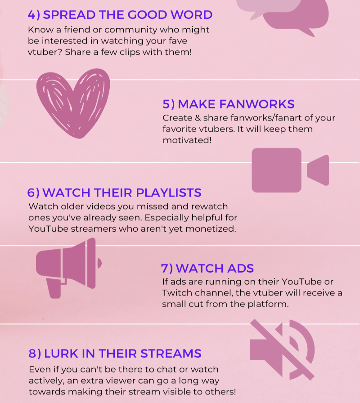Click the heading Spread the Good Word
click(120, 15)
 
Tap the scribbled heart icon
click(72, 103)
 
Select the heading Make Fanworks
click(228, 104)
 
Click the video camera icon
click(290, 170)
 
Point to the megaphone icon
click(68, 267)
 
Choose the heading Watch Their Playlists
click(114, 193)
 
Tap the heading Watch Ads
click(207, 269)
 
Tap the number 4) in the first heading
click(34, 15)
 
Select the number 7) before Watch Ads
click(167, 269)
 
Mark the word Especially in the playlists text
click(173, 218)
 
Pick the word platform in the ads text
click(270, 304)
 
